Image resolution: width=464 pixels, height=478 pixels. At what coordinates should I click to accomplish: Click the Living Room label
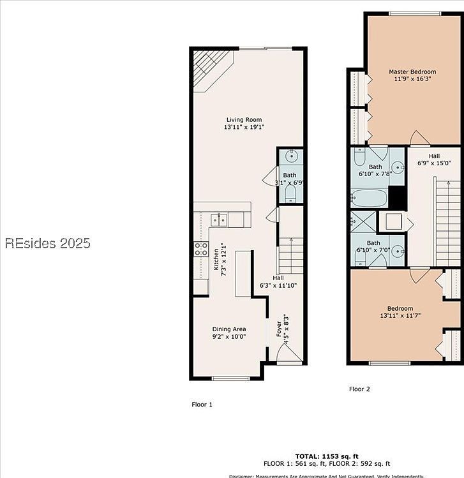pyautogui.click(x=244, y=120)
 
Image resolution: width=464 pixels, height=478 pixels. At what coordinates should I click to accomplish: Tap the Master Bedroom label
pyautogui.click(x=412, y=71)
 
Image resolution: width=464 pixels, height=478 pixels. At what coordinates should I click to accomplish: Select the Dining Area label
pyautogui.click(x=228, y=329)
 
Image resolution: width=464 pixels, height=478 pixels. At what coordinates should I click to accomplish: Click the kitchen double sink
pyautogui.click(x=220, y=220)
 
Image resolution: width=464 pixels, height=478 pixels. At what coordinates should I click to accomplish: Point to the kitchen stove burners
pyautogui.click(x=201, y=250)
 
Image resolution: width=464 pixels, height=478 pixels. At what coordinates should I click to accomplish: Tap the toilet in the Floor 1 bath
pyautogui.click(x=290, y=191)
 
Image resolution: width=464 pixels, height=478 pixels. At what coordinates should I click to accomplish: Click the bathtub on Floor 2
pyautogui.click(x=369, y=198)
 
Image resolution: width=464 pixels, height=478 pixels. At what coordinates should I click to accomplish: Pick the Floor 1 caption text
pyautogui.click(x=202, y=405)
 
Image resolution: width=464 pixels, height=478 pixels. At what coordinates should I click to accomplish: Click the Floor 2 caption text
pyautogui.click(x=359, y=389)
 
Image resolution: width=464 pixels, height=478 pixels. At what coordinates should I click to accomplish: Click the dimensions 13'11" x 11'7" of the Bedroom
pyautogui.click(x=400, y=315)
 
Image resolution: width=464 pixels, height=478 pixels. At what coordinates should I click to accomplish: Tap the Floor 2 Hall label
pyautogui.click(x=433, y=156)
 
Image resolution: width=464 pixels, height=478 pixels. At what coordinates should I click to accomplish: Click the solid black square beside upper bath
pyautogui.click(x=398, y=198)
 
